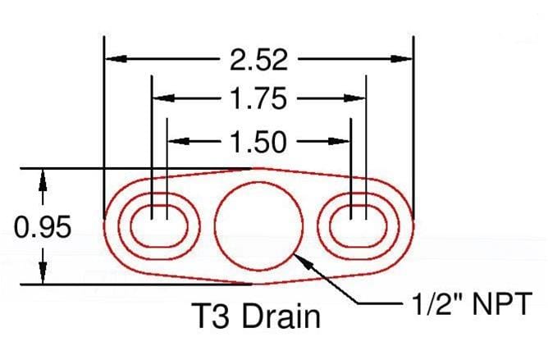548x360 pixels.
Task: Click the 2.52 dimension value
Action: click(258, 59)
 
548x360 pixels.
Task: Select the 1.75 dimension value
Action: click(258, 99)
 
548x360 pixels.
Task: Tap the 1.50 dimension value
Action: click(258, 142)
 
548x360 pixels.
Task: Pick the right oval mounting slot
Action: click(358, 224)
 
